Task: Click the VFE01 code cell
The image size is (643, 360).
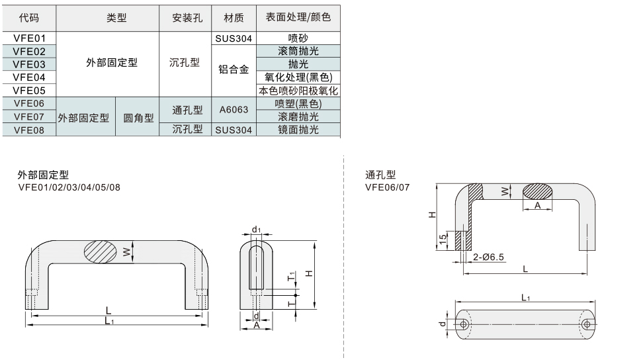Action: [x=28, y=38]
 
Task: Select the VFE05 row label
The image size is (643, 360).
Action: [x=28, y=90]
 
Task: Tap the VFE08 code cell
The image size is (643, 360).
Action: [x=28, y=130]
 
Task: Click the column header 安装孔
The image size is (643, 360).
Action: [x=186, y=19]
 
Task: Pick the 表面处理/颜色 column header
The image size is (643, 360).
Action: [x=298, y=18]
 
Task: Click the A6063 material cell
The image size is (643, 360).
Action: [x=234, y=111]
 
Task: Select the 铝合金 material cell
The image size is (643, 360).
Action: [x=234, y=70]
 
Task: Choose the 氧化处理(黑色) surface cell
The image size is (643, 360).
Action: [x=298, y=77]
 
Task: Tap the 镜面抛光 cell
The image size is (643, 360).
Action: [x=298, y=130]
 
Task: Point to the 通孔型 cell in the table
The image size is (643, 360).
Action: [x=187, y=111]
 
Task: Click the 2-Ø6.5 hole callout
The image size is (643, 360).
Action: [x=489, y=257]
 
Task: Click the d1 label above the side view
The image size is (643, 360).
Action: [x=256, y=230]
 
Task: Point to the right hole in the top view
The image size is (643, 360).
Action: [x=586, y=324]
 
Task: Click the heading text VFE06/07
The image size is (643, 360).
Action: [x=387, y=187]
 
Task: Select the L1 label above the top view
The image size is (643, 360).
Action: [x=525, y=298]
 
